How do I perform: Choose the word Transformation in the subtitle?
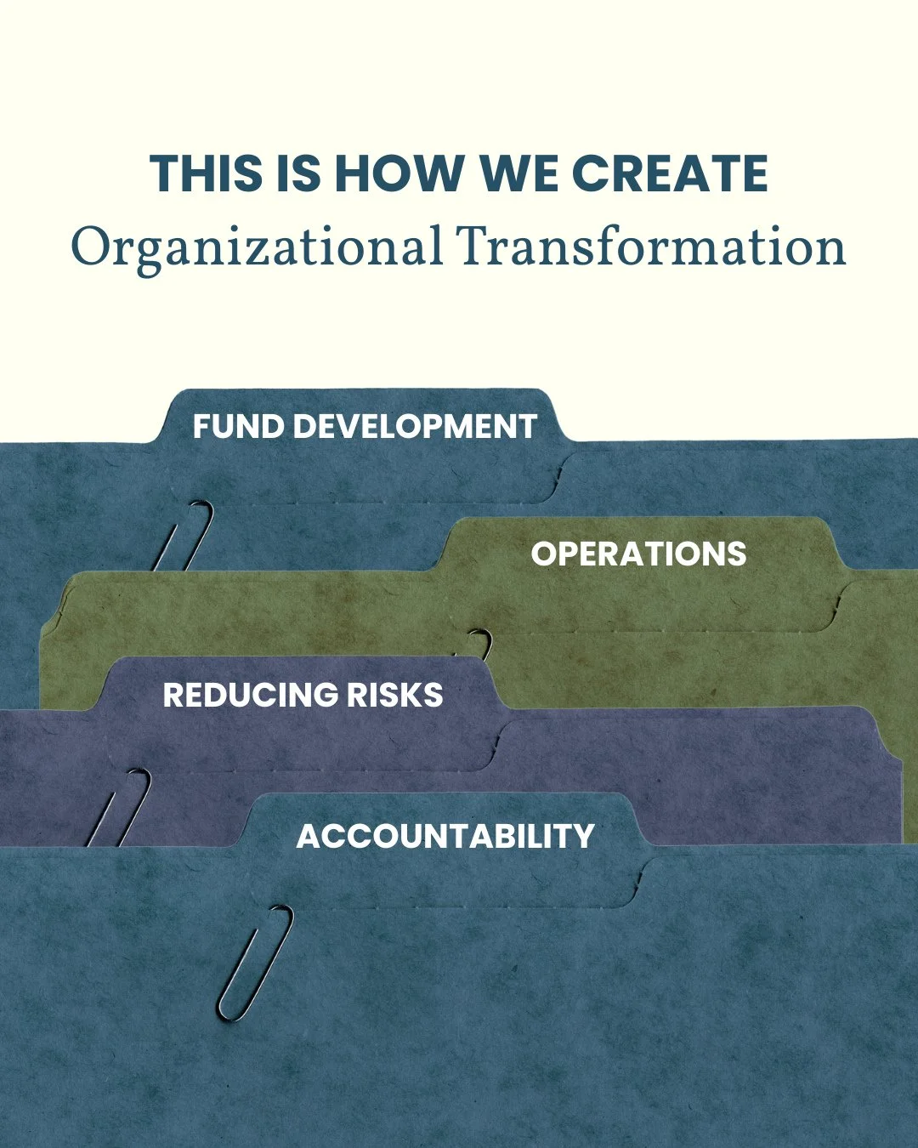coord(650,247)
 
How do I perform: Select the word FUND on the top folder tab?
coord(238,426)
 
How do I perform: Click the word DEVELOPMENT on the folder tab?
coord(415,426)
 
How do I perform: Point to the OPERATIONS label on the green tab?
coord(638,554)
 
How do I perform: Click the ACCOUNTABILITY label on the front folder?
coord(445,837)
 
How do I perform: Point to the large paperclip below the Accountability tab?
coord(255,961)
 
